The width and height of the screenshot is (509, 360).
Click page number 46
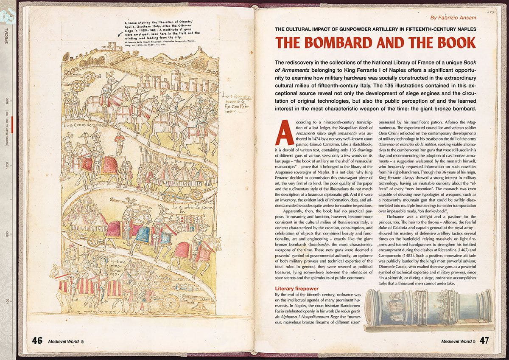(37, 340)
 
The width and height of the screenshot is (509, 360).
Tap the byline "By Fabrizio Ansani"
(454, 18)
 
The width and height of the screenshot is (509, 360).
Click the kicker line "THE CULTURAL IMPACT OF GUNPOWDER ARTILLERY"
(375, 29)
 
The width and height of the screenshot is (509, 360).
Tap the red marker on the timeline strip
(13, 122)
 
